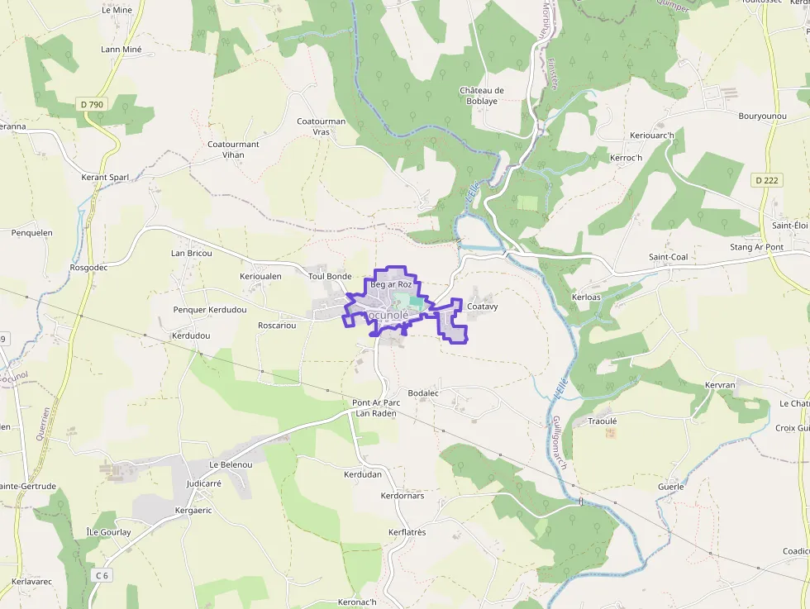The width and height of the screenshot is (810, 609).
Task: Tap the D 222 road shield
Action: (767, 180)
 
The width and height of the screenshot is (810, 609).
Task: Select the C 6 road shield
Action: (102, 575)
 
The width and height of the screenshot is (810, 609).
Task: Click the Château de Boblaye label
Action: (482, 96)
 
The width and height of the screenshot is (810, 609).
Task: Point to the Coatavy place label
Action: (483, 307)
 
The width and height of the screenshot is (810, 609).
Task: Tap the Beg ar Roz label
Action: (391, 285)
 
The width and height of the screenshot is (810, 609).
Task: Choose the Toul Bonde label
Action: (330, 277)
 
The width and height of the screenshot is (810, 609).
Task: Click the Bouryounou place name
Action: (762, 117)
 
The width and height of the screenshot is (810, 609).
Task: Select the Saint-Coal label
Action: (668, 257)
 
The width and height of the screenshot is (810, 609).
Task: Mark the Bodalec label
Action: (423, 393)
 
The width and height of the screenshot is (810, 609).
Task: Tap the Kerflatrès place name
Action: (407, 533)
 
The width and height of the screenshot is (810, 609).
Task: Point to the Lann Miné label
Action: (121, 50)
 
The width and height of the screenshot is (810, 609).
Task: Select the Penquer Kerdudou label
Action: (210, 310)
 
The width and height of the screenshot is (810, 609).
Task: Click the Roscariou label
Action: (277, 326)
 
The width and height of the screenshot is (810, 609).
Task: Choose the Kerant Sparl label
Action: (105, 178)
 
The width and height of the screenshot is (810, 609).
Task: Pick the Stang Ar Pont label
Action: (756, 247)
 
